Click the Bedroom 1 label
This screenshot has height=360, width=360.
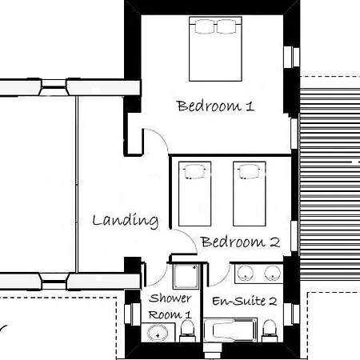click(x=215, y=106)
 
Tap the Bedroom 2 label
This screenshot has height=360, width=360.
click(x=241, y=242)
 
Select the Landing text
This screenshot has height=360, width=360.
click(x=126, y=221)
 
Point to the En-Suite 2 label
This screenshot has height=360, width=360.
click(x=245, y=301)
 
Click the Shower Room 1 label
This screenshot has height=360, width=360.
click(x=170, y=306)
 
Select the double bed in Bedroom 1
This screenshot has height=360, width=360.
click(x=215, y=49)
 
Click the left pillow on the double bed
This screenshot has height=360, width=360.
click(x=205, y=26)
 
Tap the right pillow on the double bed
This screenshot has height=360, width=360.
click(x=226, y=26)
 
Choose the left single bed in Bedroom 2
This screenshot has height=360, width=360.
click(x=195, y=194)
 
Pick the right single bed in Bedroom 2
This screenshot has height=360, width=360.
click(x=250, y=194)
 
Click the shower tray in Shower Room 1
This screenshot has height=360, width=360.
click(x=186, y=276)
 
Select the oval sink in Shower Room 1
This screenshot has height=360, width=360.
click(x=158, y=333)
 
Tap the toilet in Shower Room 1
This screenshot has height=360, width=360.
click(x=187, y=330)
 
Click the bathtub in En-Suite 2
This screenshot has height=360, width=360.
click(x=230, y=330)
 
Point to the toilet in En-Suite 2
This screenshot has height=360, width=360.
click(x=269, y=330)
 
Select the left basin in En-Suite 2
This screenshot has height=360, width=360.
click(x=246, y=273)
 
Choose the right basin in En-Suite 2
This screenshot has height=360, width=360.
click(x=272, y=273)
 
